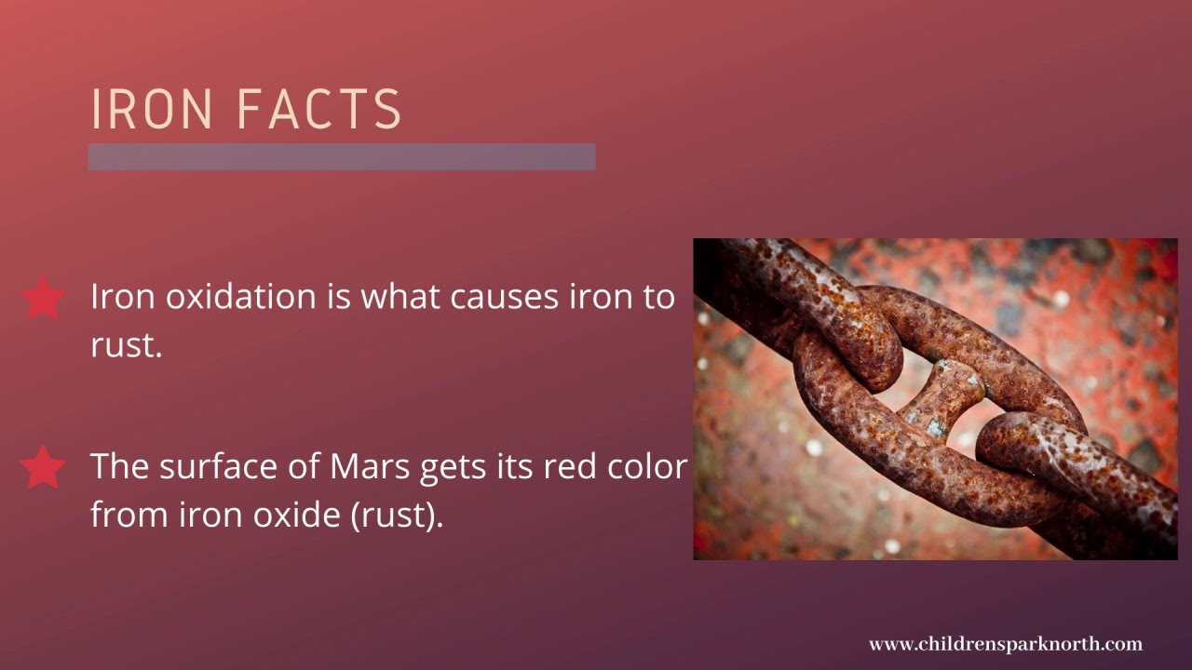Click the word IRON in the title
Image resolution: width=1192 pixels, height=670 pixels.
152,109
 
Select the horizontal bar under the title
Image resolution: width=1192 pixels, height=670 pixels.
342,156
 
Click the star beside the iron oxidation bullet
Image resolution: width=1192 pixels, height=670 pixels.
43,298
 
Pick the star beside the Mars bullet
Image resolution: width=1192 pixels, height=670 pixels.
43,467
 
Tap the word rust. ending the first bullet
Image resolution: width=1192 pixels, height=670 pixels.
126,345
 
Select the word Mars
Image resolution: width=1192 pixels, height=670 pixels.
370,466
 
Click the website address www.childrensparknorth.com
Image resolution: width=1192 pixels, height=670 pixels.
1005,644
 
